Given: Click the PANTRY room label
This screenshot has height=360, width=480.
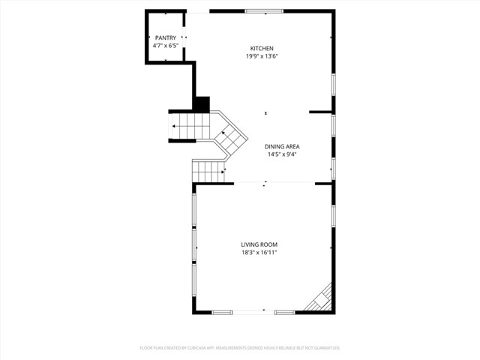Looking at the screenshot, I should (166, 37).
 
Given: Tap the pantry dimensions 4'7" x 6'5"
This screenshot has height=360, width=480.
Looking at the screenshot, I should (166, 46).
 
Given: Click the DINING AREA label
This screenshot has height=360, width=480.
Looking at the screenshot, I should (282, 146).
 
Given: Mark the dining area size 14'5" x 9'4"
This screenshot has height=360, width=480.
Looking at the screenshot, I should (282, 154).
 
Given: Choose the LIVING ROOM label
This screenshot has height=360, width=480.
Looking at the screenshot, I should (259, 244).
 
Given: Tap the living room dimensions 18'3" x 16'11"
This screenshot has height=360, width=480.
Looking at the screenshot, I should (259, 253).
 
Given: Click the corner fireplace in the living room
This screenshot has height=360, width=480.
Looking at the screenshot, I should (322, 298).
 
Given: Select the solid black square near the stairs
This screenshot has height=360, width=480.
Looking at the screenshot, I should (202, 104).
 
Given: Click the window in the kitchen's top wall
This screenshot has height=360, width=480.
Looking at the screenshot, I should (265, 11).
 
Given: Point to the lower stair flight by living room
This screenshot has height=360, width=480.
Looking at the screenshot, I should (209, 171).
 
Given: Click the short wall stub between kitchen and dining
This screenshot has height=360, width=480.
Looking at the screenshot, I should (321, 112).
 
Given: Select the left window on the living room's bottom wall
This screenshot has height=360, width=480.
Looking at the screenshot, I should (223, 312).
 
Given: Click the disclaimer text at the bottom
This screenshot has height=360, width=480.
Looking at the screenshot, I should (240, 348).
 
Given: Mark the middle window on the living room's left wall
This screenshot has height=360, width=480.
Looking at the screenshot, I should (195, 245).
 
